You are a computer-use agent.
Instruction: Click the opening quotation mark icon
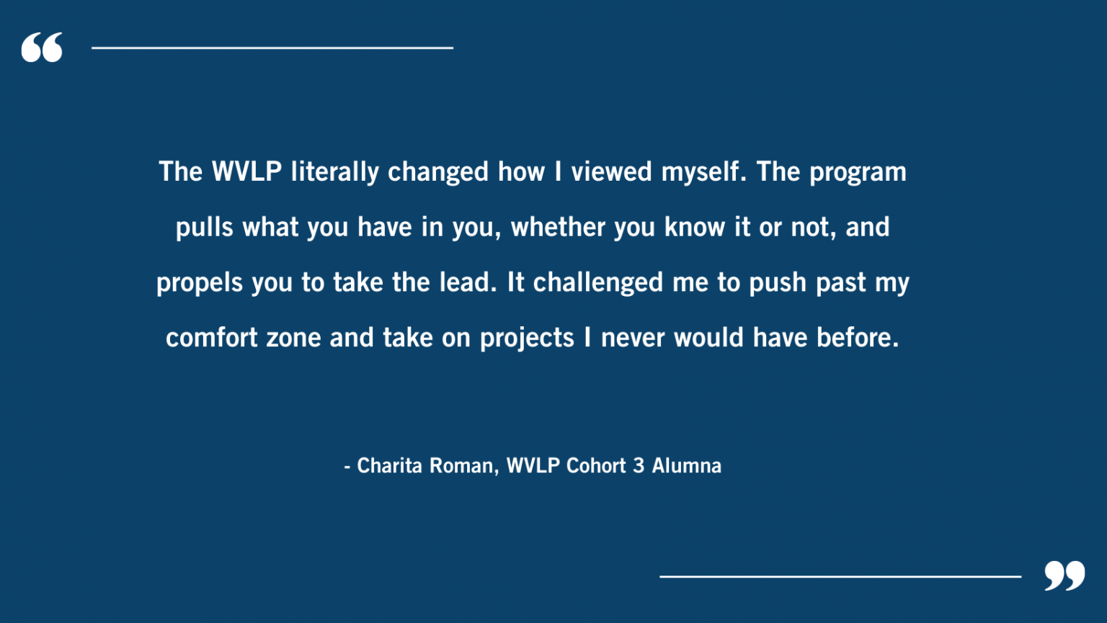(x=42, y=48)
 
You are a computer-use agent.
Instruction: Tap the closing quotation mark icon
(x=1064, y=575)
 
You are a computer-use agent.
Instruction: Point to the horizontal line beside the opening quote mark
(x=272, y=48)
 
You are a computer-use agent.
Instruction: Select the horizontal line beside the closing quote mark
(x=840, y=576)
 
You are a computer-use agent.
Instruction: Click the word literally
(x=334, y=172)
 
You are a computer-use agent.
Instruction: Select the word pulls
(x=205, y=228)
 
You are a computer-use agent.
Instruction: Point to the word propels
(x=200, y=283)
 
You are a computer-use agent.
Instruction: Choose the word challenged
(x=597, y=283)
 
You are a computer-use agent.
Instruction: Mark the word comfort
(x=211, y=338)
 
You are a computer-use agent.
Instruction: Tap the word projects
(x=527, y=339)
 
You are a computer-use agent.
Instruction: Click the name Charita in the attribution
(x=389, y=466)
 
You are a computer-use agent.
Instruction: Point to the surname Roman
(x=463, y=466)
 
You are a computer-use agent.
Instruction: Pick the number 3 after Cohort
(x=639, y=466)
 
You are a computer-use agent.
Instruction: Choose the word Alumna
(x=687, y=466)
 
